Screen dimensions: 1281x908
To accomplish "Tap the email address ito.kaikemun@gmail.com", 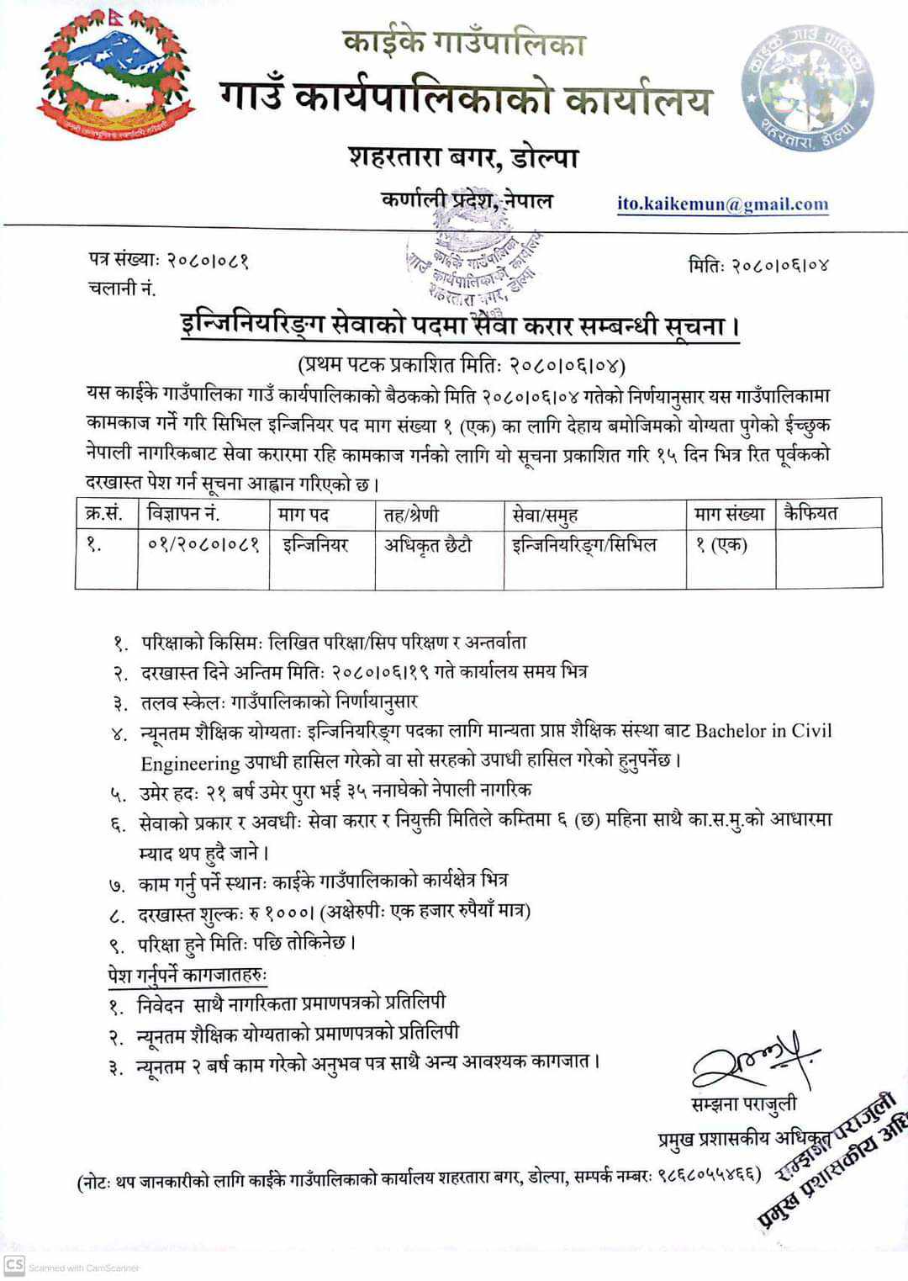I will (722, 204).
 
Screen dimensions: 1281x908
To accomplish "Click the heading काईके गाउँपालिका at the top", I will (463, 43).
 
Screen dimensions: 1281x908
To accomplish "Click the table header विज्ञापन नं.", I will (182, 513).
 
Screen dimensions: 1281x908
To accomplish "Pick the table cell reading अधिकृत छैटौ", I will (428, 545).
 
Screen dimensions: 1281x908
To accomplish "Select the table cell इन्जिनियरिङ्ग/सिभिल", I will (583, 545).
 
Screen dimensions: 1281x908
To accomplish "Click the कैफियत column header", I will (810, 513).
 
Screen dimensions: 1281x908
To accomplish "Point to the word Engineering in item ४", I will (190, 763).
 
